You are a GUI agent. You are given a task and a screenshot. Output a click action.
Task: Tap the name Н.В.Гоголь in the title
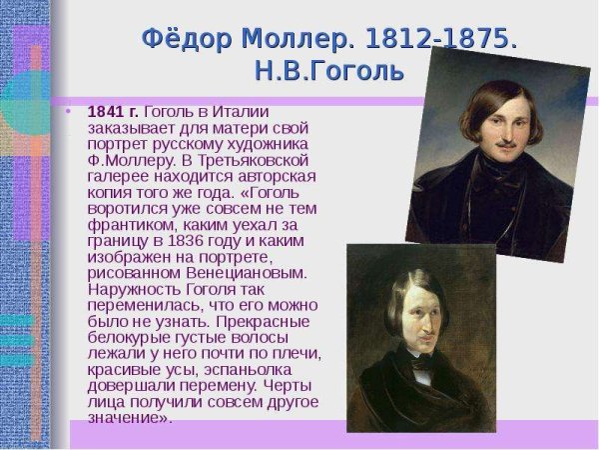tap(328, 72)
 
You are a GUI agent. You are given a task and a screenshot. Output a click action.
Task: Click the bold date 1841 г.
tap(114, 111)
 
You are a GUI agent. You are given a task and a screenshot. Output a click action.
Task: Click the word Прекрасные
tap(269, 321)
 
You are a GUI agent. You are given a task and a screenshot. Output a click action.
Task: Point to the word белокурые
tap(127, 337)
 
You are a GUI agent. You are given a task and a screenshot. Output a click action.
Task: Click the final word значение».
tap(130, 418)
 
